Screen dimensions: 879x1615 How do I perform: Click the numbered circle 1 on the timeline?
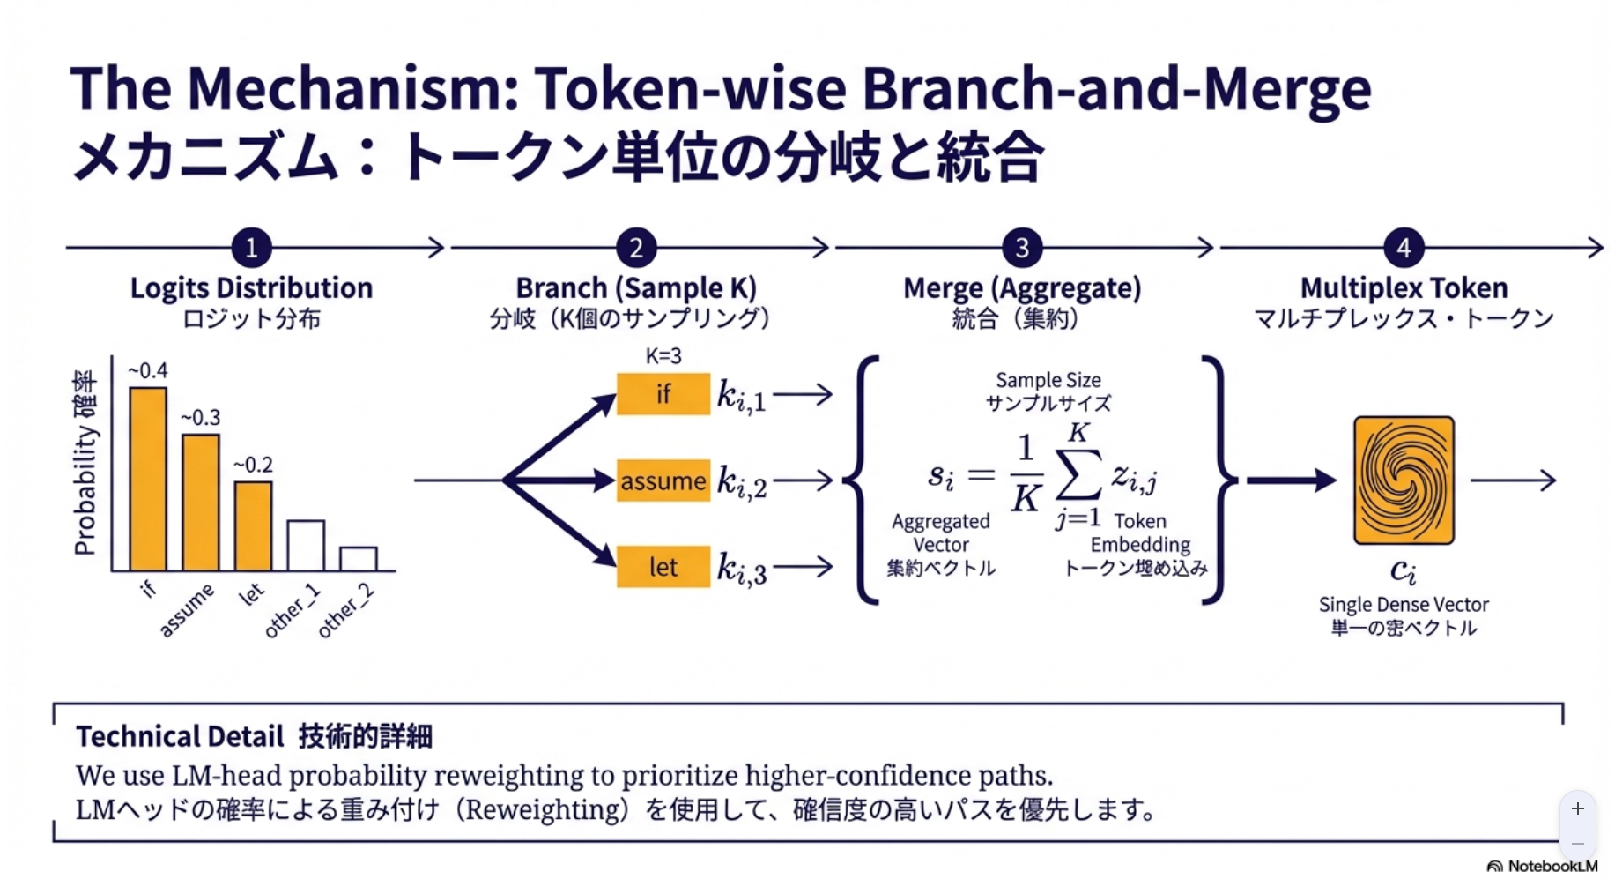251,248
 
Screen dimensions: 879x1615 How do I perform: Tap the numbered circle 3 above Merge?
1022,248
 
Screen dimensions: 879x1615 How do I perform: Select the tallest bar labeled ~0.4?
148,479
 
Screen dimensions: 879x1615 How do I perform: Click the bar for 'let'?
253,525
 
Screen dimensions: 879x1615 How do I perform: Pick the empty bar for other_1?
306,546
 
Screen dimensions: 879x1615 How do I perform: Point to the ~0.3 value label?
201,418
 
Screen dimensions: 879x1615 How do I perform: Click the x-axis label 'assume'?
187,609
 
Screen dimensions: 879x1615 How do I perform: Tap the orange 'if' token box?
663,394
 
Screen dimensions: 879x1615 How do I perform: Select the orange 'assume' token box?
663,480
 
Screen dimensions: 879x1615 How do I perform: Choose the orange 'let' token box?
663,566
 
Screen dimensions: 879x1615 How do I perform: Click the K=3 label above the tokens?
663,356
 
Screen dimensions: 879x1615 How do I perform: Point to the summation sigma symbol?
1078,476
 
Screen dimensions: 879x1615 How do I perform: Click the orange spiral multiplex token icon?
1404,480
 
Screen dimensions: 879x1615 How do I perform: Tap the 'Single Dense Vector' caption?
1404,605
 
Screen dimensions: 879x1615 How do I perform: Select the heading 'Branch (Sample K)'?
635,288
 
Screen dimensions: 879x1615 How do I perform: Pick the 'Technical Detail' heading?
180,736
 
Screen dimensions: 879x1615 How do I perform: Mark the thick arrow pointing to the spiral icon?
1291,480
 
